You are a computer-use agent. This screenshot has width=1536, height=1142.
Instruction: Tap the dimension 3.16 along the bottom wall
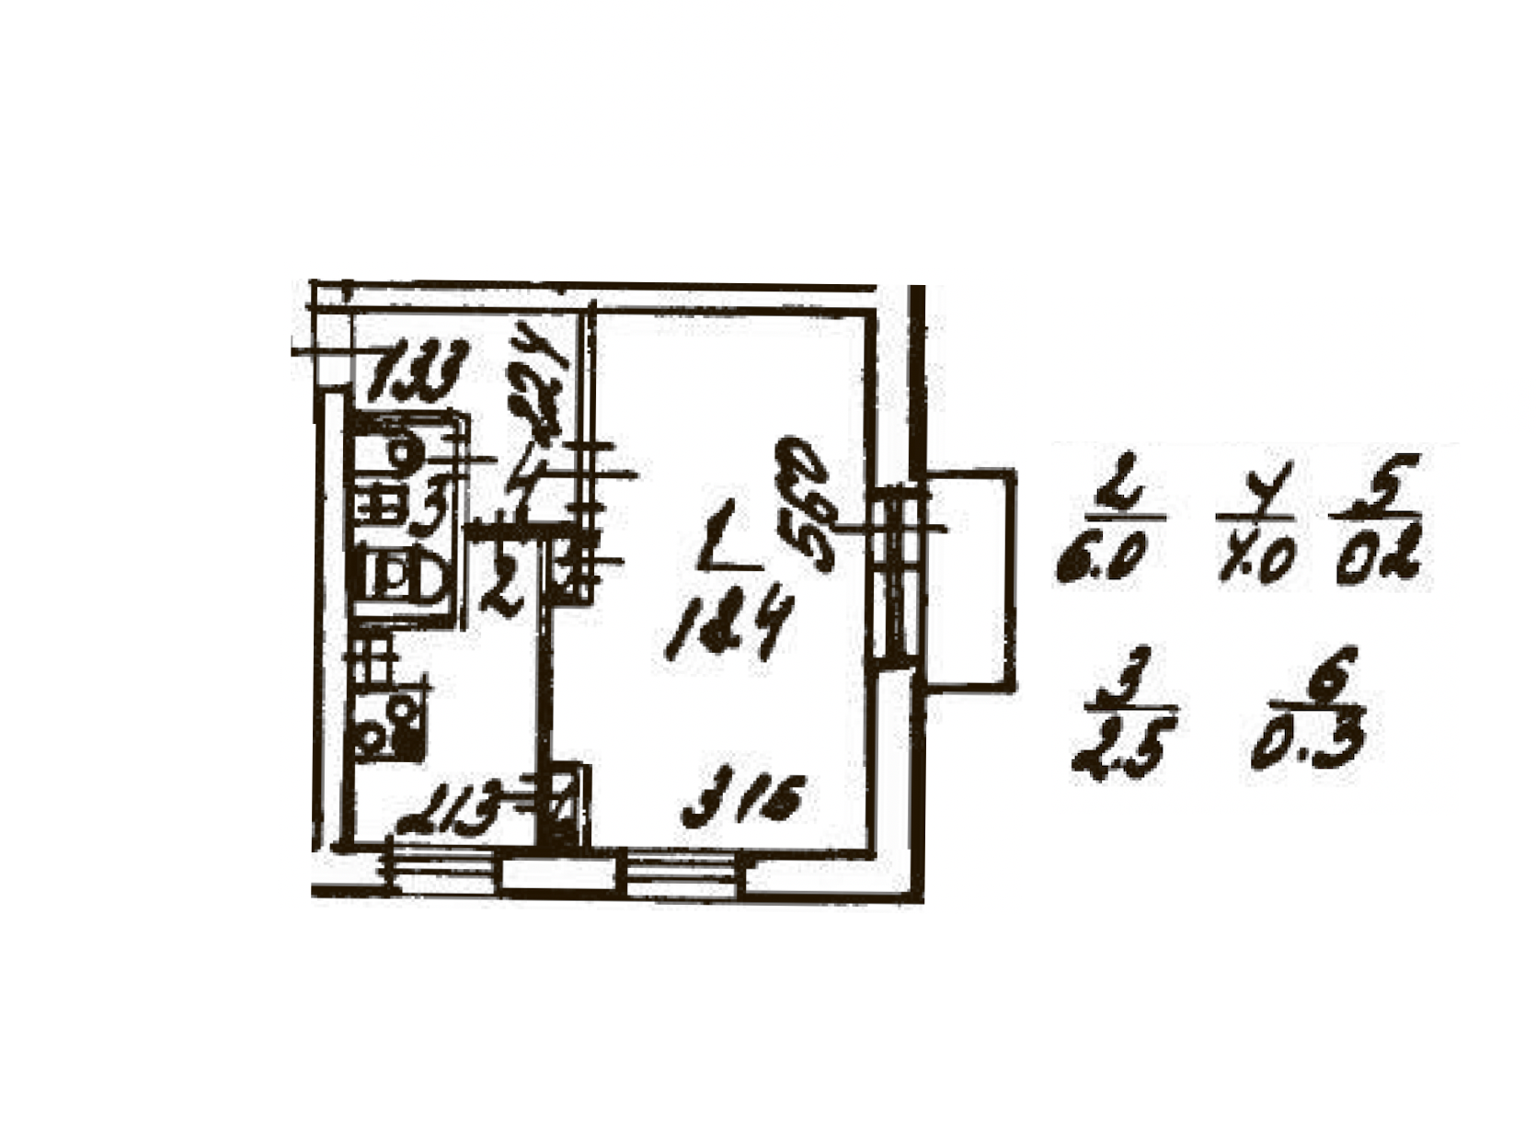point(744,799)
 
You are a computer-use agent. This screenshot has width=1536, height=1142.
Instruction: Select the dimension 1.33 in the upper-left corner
point(418,370)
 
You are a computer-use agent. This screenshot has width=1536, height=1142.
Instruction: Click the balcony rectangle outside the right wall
point(970,578)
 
